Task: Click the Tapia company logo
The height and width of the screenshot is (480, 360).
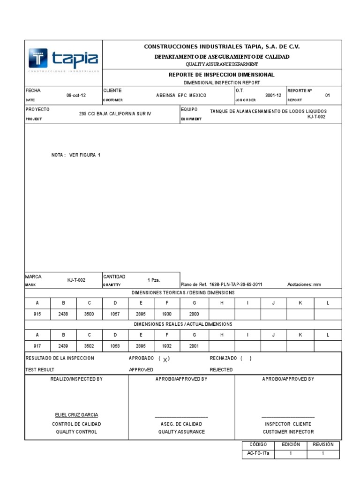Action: click(63, 59)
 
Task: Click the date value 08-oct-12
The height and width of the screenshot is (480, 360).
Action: click(75, 95)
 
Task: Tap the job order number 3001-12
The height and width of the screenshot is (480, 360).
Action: click(273, 95)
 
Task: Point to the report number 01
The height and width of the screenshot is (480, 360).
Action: click(328, 95)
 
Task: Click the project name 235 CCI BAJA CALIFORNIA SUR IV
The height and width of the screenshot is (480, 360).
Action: click(115, 114)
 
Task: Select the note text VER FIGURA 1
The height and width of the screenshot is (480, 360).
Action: click(85, 154)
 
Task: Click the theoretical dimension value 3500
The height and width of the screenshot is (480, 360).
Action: click(89, 315)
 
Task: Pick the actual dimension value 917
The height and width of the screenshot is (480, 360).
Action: click(37, 346)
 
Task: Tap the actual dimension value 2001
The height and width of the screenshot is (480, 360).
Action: click(194, 346)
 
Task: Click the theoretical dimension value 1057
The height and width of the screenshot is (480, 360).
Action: click(115, 315)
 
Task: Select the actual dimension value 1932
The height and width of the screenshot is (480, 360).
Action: click(167, 346)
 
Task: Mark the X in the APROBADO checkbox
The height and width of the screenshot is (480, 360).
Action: click(165, 359)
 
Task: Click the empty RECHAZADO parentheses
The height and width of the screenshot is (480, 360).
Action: click(246, 359)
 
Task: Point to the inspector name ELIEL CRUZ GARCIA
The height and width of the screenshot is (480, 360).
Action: click(76, 415)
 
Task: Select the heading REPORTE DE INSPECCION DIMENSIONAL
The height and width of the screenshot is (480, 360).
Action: click(221, 75)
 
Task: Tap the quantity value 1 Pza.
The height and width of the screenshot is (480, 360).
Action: click(154, 280)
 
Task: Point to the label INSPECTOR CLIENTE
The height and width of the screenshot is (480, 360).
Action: click(288, 424)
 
